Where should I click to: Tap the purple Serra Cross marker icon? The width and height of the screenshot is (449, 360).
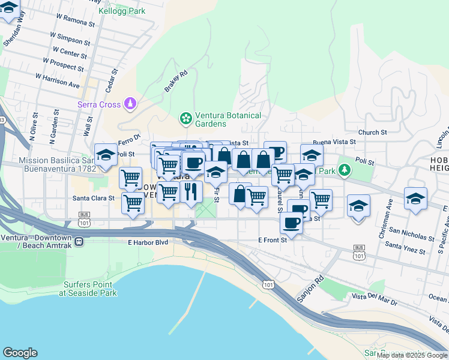coord(130,104)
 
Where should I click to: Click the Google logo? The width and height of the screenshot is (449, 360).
coord(20,353)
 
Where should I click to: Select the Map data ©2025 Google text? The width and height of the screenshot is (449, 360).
coord(411,355)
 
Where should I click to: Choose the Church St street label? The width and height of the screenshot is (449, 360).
coord(372,133)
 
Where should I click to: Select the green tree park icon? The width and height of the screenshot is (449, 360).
coord(345,170)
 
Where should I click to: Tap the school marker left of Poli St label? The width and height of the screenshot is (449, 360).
coord(106,155)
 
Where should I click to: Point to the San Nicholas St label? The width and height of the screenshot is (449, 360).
coord(411,233)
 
